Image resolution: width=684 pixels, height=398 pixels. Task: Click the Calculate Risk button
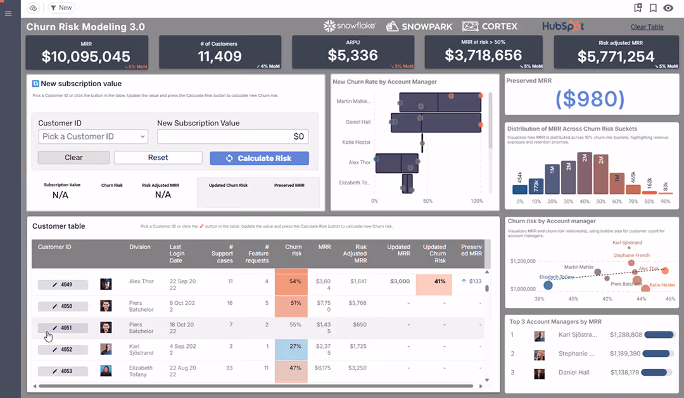259,158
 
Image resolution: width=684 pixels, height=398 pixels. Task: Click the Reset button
158,158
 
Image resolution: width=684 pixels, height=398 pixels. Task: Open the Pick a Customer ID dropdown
92,136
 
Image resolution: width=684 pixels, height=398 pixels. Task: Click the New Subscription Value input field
232,136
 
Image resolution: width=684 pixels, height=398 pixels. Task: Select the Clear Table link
647,27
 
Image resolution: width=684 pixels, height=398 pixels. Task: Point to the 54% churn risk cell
291,281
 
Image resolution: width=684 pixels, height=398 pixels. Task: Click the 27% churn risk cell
291,347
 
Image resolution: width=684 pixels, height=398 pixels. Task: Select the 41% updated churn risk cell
434,281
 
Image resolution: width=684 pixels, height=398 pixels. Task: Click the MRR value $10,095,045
86,56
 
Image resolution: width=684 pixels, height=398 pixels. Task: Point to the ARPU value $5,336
353,56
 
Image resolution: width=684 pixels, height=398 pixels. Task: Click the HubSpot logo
562,27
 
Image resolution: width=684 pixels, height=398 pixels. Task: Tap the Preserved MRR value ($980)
590,99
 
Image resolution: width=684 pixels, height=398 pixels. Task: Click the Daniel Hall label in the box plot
358,122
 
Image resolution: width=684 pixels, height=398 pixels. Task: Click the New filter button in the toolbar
61,8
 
